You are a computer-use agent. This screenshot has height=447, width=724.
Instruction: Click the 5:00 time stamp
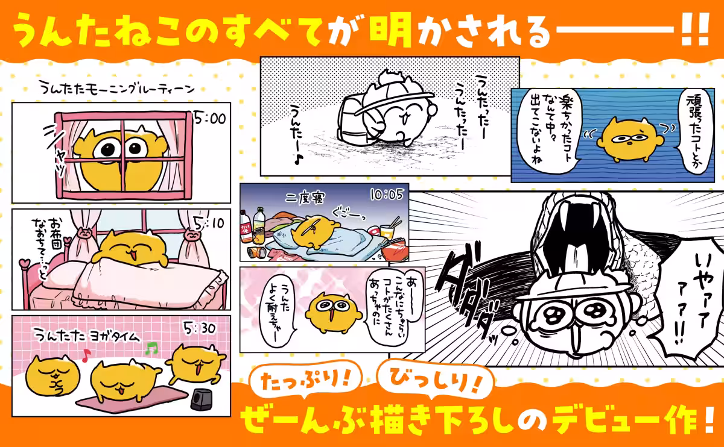[209, 119]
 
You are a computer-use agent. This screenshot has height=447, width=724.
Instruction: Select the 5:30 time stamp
[200, 330]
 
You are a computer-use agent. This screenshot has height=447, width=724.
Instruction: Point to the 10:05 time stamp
[386, 195]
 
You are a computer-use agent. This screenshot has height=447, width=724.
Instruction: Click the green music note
[152, 348]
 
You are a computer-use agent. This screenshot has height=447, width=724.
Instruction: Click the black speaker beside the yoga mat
[202, 399]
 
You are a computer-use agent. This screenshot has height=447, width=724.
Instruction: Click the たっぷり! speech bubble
[305, 380]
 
